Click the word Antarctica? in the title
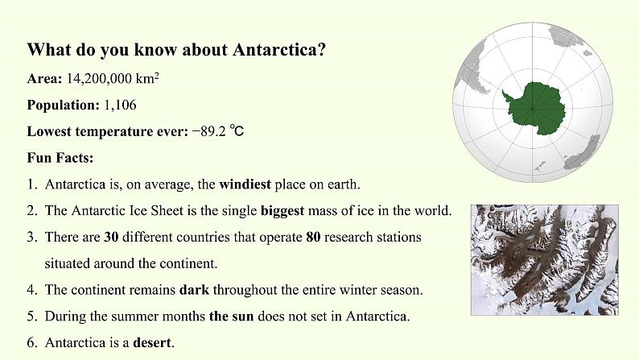[x=279, y=50]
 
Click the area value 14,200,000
[x=99, y=78]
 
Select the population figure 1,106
[x=120, y=105]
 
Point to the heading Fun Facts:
[x=60, y=157]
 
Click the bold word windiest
[x=245, y=184]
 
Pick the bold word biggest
[x=282, y=211]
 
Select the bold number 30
[x=111, y=237]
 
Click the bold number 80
[x=313, y=237]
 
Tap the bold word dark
[x=195, y=289]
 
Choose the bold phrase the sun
[x=232, y=316]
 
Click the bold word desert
[x=152, y=342]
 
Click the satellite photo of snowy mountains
[x=545, y=259]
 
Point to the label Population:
[x=63, y=106]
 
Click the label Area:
[x=44, y=78]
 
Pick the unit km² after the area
[x=147, y=78]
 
